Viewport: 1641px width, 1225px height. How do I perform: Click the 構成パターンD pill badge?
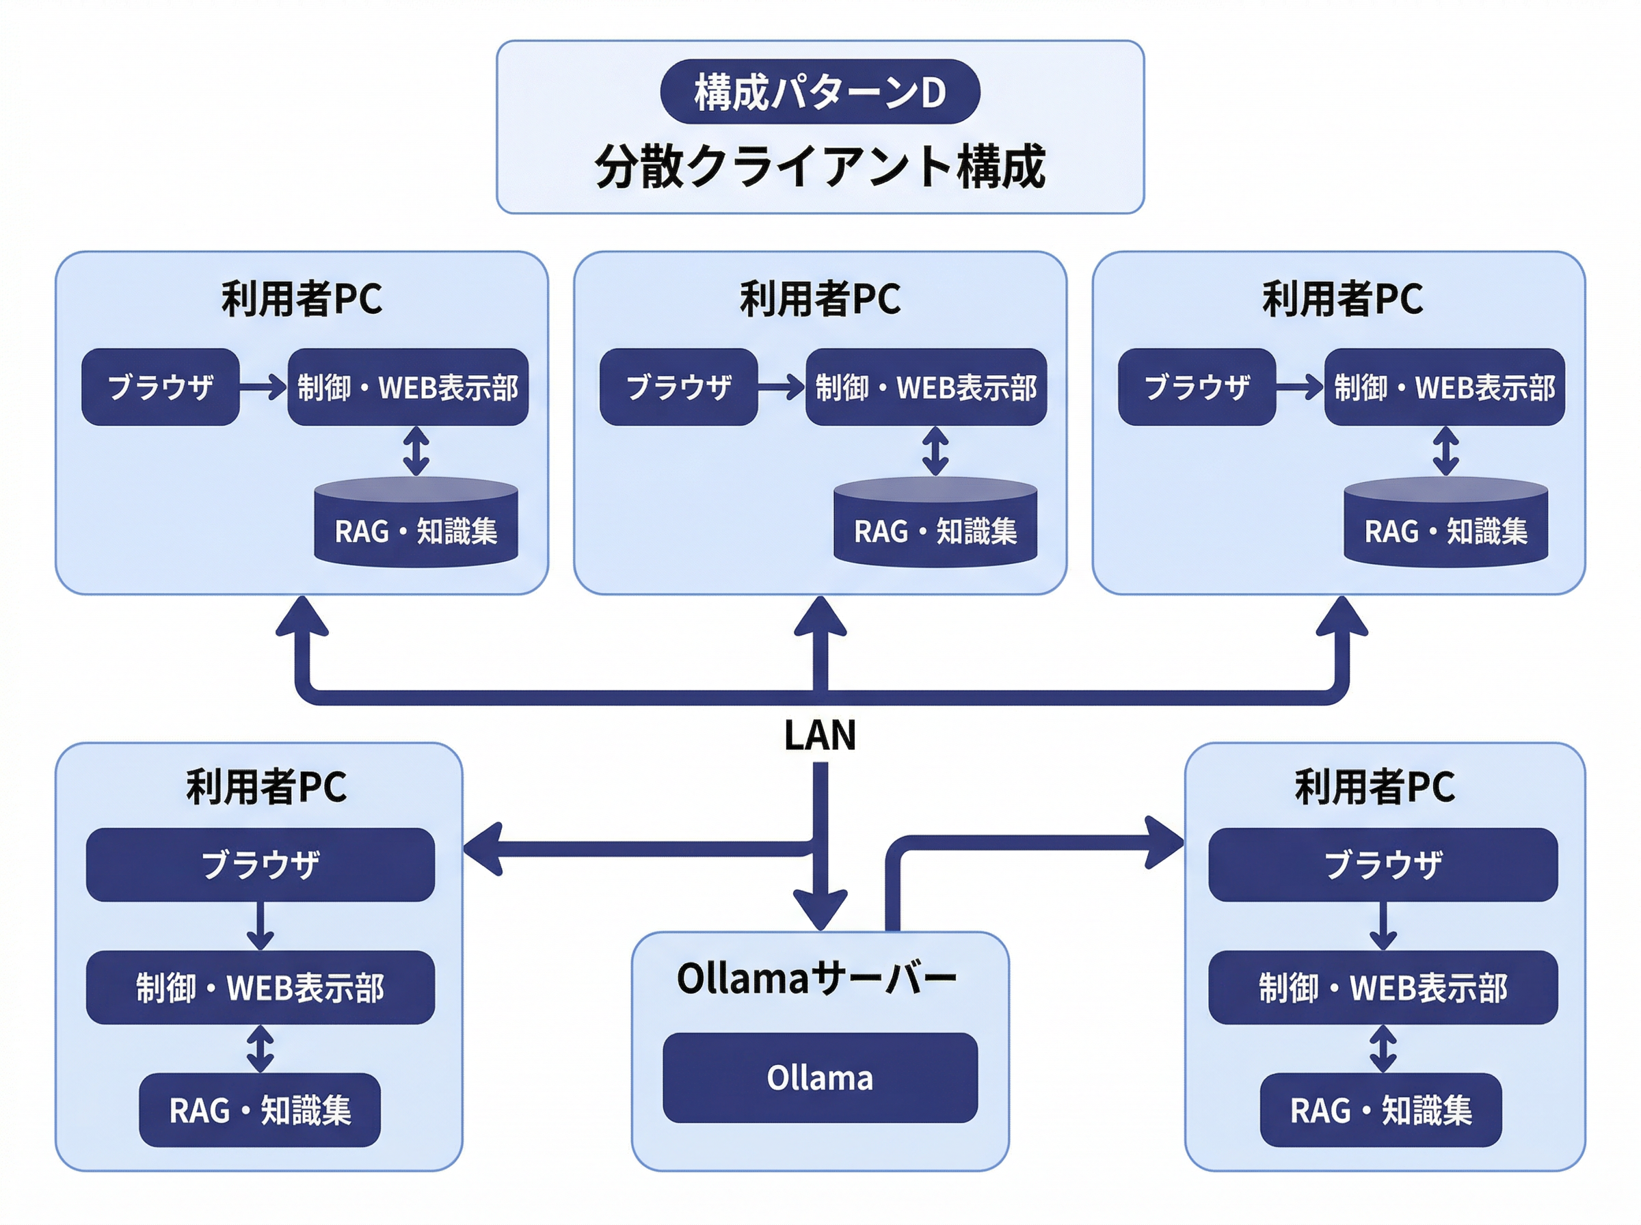(x=819, y=92)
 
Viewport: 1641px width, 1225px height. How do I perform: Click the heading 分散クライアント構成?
(x=819, y=166)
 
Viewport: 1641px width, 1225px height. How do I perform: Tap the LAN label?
(x=819, y=735)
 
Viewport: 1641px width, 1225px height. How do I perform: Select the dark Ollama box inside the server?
(x=819, y=1077)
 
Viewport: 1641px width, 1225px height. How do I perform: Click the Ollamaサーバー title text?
(x=816, y=978)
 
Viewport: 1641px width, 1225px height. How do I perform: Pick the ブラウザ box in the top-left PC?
(x=160, y=386)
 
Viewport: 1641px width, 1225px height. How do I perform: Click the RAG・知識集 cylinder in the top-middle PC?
(x=935, y=524)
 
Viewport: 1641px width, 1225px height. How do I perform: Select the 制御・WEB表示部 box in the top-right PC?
(x=1444, y=386)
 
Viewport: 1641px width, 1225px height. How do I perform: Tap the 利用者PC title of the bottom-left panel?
(x=266, y=787)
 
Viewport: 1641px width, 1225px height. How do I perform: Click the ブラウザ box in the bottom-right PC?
(x=1383, y=865)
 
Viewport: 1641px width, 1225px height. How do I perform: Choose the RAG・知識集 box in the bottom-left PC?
(x=260, y=1110)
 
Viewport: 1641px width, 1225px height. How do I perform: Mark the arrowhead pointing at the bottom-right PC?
(x=1164, y=842)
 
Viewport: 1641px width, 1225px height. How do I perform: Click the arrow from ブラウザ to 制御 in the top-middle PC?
(x=781, y=386)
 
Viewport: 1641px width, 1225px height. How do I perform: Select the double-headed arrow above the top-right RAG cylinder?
(x=1445, y=450)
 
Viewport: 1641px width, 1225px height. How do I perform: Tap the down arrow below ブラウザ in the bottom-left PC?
(x=260, y=926)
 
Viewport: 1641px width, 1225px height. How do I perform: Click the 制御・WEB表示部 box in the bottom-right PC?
(x=1383, y=988)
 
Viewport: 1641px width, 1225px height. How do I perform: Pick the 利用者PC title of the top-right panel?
(x=1342, y=299)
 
